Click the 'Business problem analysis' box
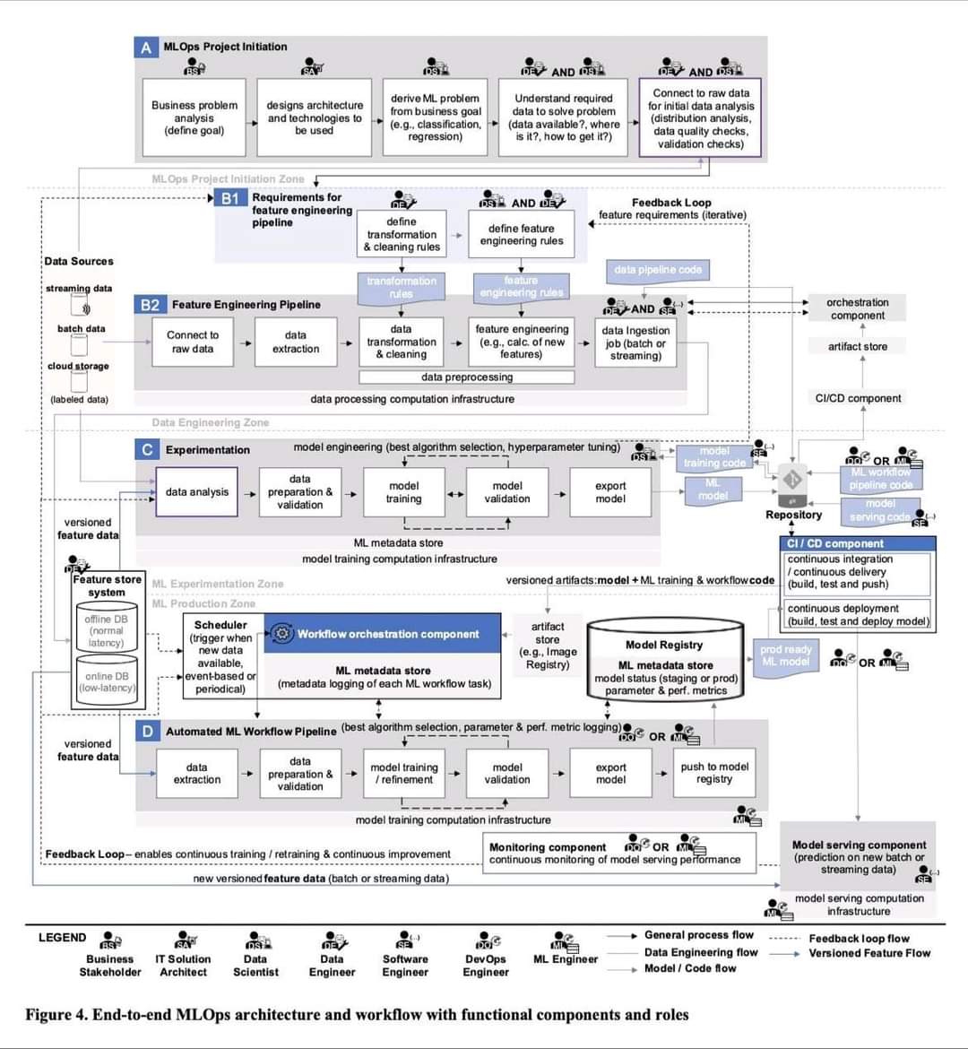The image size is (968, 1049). (x=194, y=117)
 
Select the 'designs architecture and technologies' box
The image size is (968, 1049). (x=314, y=117)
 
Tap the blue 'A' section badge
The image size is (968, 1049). (x=146, y=48)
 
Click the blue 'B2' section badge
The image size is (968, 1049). (x=150, y=305)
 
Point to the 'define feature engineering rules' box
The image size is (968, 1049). (x=521, y=235)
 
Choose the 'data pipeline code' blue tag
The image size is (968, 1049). (x=658, y=270)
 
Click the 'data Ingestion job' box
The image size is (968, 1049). (x=635, y=342)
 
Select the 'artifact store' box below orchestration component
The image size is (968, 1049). (x=857, y=346)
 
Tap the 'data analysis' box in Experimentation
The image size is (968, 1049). (x=197, y=491)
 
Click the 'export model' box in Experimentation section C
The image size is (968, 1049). (x=610, y=492)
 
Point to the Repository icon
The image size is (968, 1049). (x=793, y=481)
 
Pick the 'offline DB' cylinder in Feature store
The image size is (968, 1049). (x=107, y=630)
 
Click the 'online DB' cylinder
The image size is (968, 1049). (x=107, y=682)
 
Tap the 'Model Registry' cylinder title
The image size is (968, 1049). (x=664, y=645)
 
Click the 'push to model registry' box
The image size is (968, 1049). (x=714, y=773)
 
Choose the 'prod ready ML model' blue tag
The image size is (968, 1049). (x=786, y=655)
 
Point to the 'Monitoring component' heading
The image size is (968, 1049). (x=548, y=847)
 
